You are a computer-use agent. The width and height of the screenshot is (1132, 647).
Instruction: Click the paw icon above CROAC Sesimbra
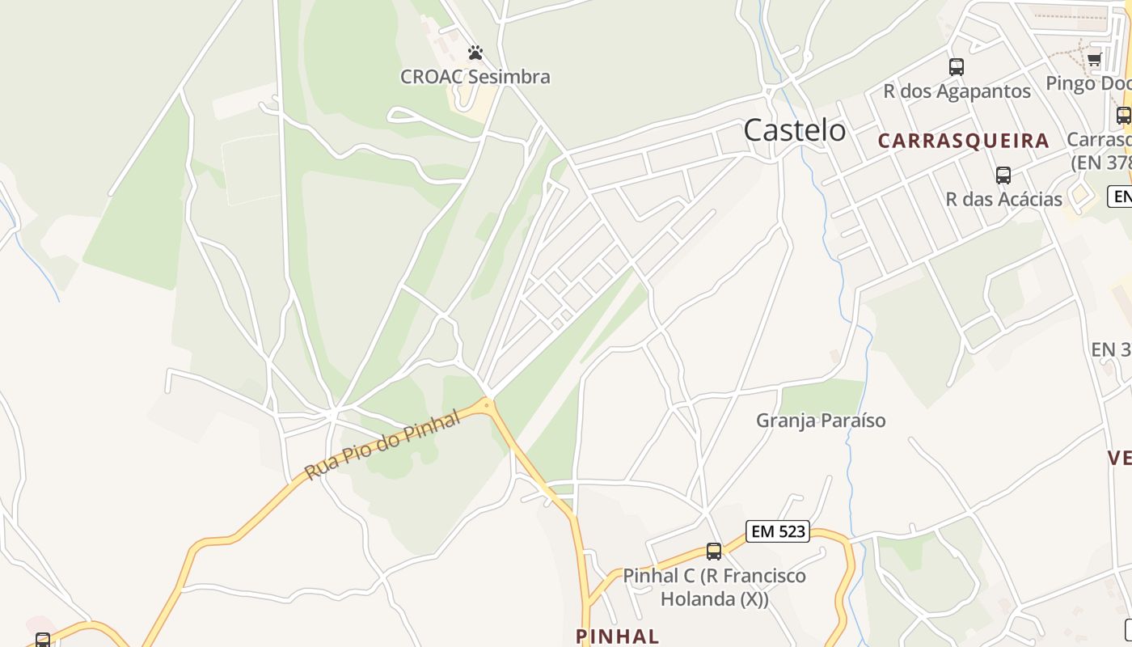[x=475, y=53]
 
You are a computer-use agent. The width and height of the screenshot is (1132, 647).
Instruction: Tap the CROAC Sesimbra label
[x=475, y=77]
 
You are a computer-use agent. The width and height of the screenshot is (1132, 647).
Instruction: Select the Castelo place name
[x=794, y=130]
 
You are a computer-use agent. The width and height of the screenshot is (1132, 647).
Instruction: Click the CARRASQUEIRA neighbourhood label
[x=964, y=141]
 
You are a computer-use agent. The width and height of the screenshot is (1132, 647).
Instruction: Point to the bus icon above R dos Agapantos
[x=957, y=67]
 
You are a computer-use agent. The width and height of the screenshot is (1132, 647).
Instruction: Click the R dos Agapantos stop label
[x=957, y=91]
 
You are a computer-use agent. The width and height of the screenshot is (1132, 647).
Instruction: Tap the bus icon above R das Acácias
[x=1003, y=175]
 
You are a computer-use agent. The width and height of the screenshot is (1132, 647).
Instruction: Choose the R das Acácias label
[x=1003, y=199]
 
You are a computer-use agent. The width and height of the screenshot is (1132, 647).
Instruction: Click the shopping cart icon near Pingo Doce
[x=1094, y=59]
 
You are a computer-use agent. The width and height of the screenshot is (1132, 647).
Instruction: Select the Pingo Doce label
[x=1088, y=83]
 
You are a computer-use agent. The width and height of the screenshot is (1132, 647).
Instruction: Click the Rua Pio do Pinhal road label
[x=382, y=446]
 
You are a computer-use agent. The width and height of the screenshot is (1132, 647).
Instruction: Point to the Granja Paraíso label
[x=821, y=421]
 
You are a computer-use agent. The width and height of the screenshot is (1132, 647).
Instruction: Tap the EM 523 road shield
[x=778, y=531]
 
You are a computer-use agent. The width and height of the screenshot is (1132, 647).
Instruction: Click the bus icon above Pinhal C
[x=714, y=552]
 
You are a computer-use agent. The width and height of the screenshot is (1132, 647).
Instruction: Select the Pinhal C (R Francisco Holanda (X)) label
[x=714, y=588]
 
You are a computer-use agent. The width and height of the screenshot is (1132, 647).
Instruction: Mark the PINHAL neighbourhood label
[x=617, y=636]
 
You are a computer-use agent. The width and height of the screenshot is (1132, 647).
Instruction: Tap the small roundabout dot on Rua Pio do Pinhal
[x=487, y=404]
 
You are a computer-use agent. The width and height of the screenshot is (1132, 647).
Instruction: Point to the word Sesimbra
[x=511, y=77]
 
